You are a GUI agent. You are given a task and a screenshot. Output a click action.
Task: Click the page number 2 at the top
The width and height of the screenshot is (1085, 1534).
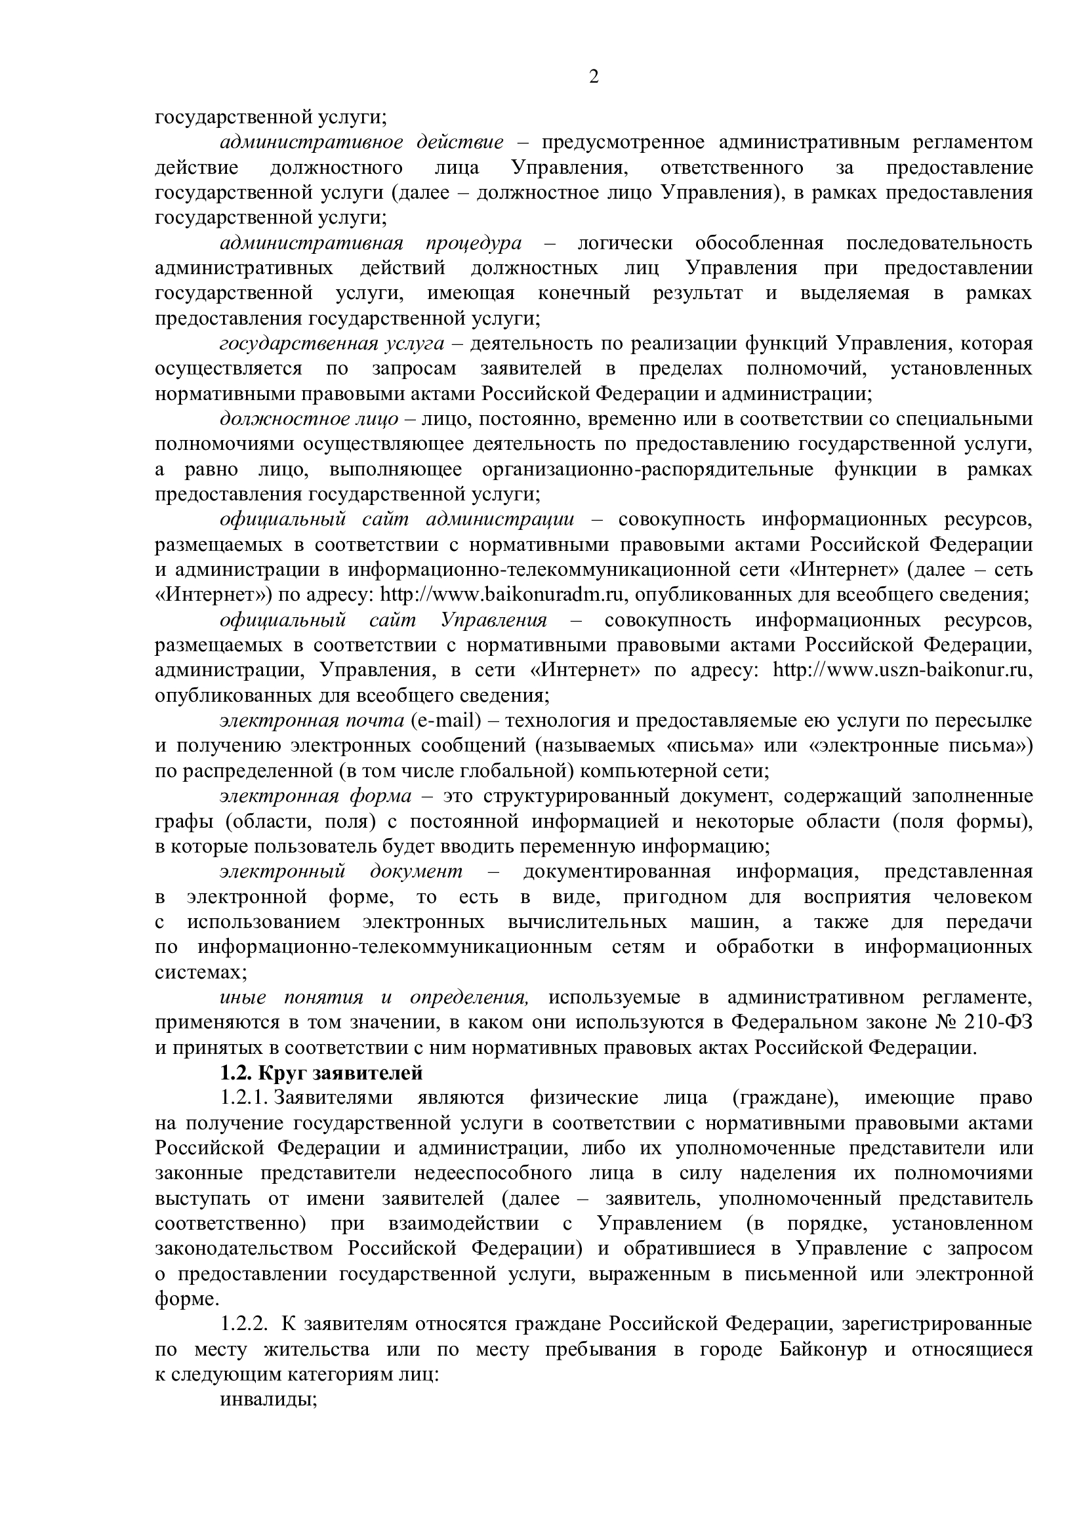593,77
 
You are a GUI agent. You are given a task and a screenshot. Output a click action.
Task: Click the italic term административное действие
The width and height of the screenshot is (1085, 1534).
361,142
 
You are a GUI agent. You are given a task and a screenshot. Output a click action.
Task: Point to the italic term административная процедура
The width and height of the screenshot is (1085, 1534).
371,243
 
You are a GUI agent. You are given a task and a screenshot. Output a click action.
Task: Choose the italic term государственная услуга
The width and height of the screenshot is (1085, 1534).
332,344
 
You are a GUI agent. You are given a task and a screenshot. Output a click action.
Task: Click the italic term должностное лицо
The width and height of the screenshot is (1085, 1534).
309,419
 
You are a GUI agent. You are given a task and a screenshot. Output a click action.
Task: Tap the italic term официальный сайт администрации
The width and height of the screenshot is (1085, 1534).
397,519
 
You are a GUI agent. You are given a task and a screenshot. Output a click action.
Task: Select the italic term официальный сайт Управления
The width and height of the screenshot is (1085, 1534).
383,620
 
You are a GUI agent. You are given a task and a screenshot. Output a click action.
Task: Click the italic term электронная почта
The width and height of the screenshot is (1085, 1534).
312,720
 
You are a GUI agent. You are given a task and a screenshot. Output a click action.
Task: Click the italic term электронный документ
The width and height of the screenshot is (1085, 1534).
340,871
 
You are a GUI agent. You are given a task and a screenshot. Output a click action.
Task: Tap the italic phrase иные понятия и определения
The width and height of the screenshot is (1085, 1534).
374,998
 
